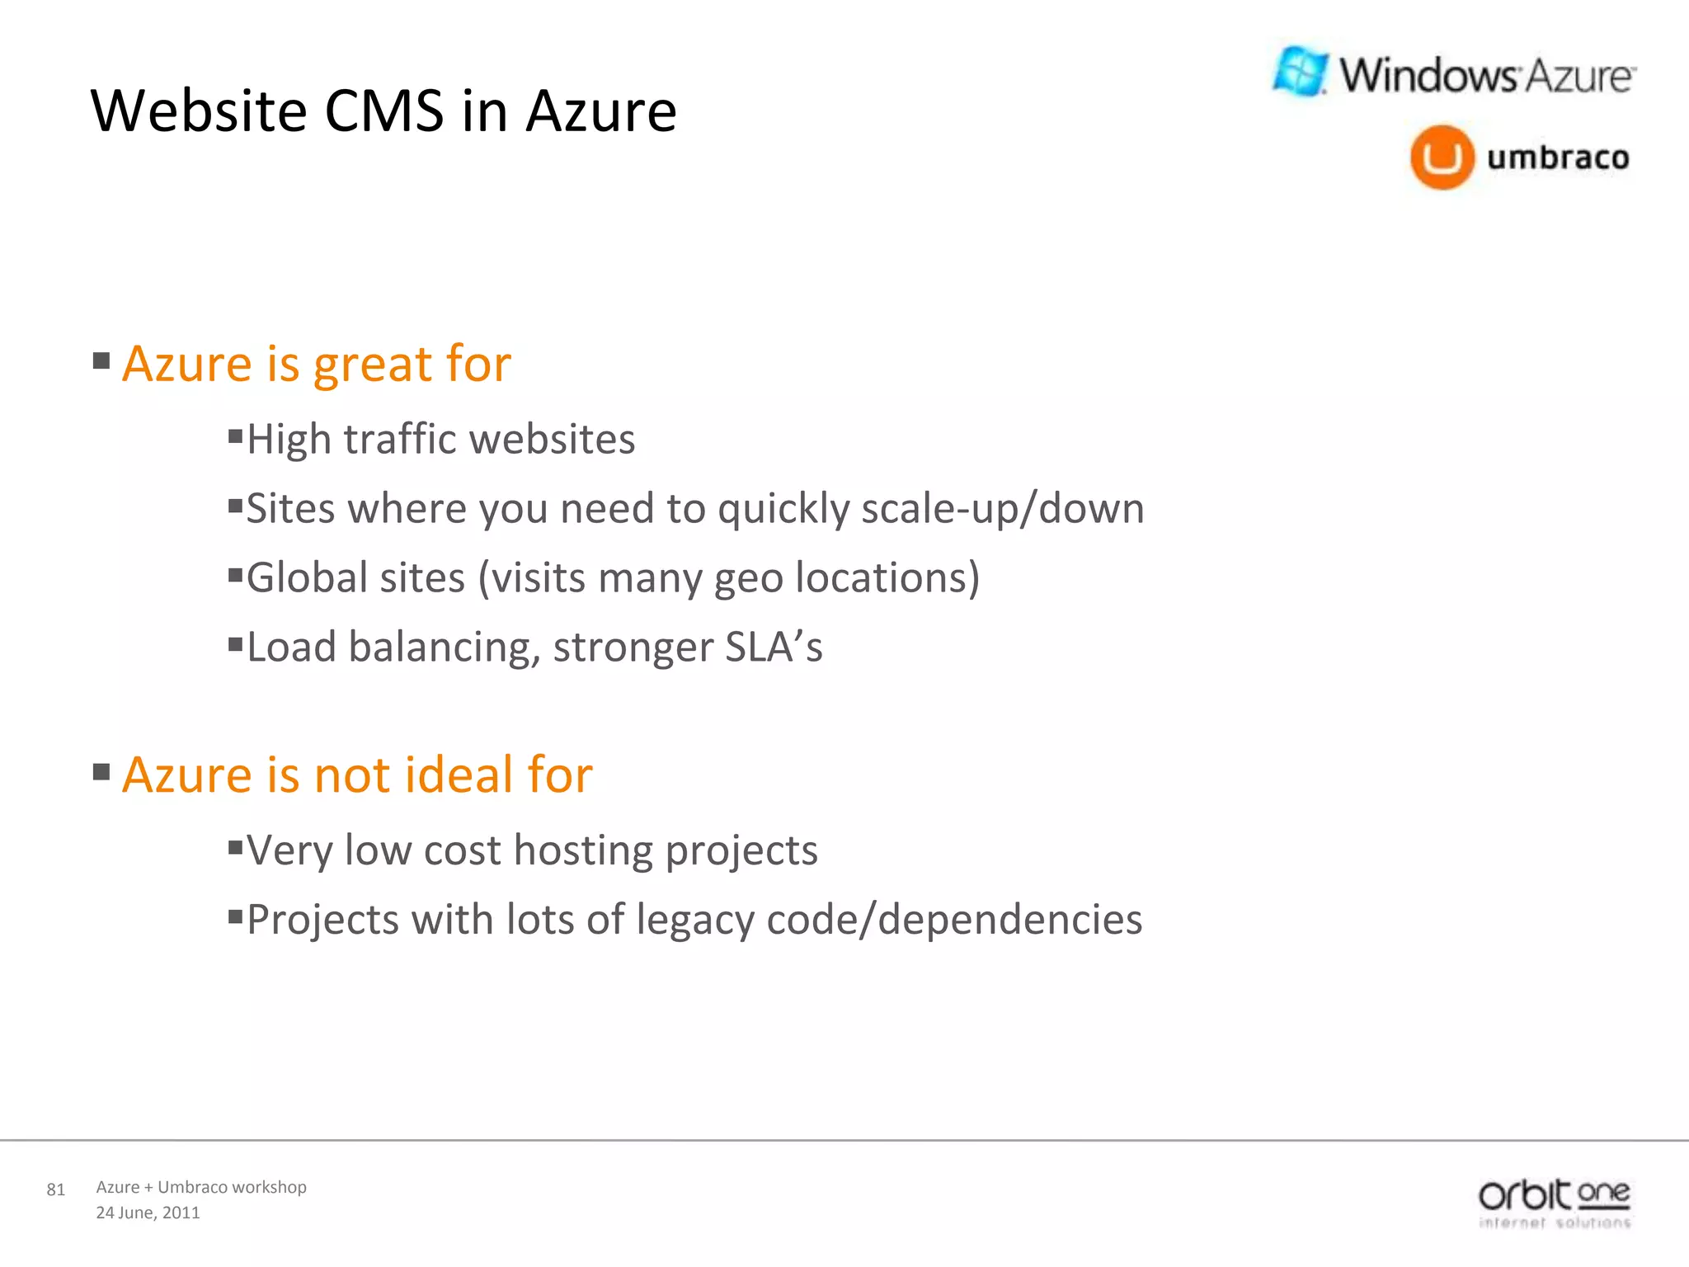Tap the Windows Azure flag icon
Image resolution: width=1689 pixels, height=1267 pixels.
pos(1300,71)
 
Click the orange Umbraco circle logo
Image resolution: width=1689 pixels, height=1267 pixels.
pos(1442,157)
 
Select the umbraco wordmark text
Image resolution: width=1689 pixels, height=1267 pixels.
pos(1558,157)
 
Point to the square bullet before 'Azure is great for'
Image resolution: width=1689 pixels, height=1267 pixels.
pos(101,360)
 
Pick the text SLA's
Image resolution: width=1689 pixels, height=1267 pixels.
pos(774,647)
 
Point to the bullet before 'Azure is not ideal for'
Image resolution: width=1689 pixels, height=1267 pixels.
pos(101,772)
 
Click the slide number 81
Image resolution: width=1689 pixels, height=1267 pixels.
pos(55,1189)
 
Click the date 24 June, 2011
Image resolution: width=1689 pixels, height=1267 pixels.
pos(148,1213)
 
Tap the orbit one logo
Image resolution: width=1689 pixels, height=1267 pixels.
pos(1554,1203)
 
